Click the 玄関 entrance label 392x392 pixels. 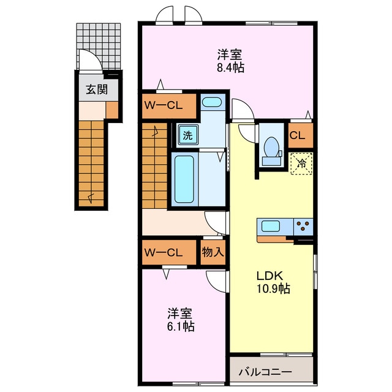pos(96,89)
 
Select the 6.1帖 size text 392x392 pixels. pos(181,326)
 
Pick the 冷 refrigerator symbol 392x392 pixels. pos(301,163)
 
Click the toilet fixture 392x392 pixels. pos(269,148)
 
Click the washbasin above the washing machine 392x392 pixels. pos(212,104)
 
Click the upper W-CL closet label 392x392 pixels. pos(164,105)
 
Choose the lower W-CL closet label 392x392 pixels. pos(164,252)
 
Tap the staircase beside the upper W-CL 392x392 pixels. pos(154,162)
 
